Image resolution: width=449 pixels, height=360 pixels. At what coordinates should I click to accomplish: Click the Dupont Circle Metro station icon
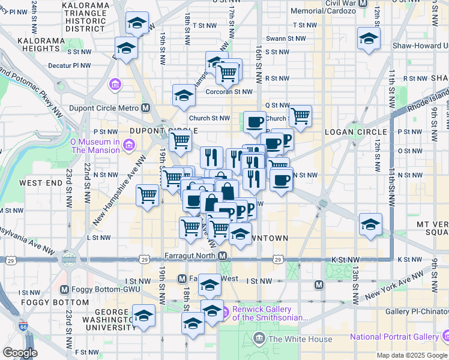tap(145, 108)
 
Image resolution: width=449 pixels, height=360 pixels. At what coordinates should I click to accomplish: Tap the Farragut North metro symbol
tap(223, 256)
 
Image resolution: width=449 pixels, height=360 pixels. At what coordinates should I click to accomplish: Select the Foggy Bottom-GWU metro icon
tap(65, 289)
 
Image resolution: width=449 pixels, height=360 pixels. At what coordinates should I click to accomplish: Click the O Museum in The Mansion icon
tap(128, 145)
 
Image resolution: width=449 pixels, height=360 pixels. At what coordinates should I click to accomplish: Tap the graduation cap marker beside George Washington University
tap(143, 315)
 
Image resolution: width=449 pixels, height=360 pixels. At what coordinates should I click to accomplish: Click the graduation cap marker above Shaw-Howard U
tap(368, 39)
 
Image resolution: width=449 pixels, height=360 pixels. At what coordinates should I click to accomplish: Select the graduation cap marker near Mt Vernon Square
tap(370, 225)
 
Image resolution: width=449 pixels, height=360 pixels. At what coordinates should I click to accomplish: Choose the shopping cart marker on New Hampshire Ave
tap(147, 195)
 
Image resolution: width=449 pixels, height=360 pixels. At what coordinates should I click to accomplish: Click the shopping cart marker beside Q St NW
tap(300, 115)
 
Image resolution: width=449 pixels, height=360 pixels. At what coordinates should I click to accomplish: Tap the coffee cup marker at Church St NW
tap(255, 122)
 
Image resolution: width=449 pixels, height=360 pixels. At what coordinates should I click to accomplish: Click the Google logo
tap(20, 353)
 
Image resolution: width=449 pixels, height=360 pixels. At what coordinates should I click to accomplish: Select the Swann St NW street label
tap(286, 38)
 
